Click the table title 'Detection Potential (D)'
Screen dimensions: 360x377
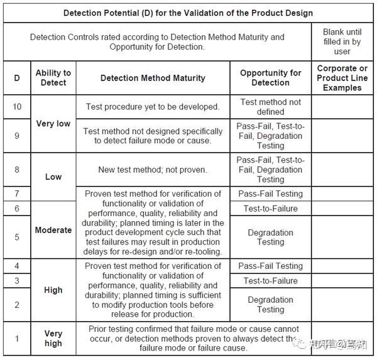pos(188,13)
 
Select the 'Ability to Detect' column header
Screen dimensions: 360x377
pos(53,78)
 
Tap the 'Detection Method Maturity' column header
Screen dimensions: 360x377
pos(153,78)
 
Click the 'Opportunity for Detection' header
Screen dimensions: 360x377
pos(270,78)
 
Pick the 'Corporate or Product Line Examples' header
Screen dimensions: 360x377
pos(342,78)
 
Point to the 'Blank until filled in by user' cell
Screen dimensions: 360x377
pos(342,41)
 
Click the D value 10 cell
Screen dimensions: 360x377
pos(17,107)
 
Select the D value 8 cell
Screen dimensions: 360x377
pos(17,170)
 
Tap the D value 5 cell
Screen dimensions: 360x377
pos(17,237)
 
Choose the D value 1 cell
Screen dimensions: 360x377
pos(17,338)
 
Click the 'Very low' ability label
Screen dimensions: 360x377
pos(53,124)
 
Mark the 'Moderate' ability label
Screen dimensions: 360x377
pos(53,230)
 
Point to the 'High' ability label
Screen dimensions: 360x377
pos(53,290)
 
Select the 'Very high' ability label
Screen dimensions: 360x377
pos(53,338)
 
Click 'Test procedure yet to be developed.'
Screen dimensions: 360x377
pos(153,107)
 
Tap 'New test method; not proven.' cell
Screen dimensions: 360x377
pos(153,170)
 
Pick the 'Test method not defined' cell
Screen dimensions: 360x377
pos(270,107)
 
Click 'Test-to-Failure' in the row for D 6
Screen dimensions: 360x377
pos(270,209)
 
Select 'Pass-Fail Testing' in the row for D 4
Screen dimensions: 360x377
pos(270,266)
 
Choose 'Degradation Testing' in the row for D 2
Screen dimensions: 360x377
pos(270,305)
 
